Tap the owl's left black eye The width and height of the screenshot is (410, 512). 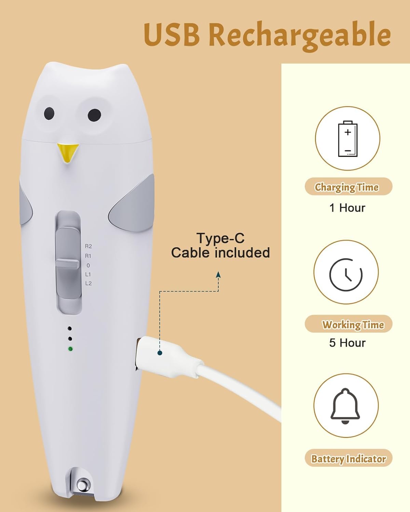tap(49, 113)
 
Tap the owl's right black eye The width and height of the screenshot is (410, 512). tap(94, 115)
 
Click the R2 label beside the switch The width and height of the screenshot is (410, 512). tap(88, 246)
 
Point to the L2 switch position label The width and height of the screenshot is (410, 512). tap(88, 283)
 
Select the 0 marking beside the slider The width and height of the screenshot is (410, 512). tap(88, 265)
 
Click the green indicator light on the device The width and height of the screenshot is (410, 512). tap(70, 349)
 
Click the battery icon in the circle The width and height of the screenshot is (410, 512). tap(347, 139)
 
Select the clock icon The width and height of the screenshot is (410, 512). tap(346, 274)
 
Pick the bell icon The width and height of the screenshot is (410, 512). tap(345, 406)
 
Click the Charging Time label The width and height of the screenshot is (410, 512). tap(347, 187)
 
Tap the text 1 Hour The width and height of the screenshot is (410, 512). tap(347, 208)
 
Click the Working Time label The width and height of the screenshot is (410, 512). tap(353, 324)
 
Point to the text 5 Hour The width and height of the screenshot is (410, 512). tap(347, 343)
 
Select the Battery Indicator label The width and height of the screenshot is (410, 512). tap(348, 458)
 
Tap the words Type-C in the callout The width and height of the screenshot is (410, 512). tap(220, 238)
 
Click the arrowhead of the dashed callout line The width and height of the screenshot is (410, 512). tap(218, 275)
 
